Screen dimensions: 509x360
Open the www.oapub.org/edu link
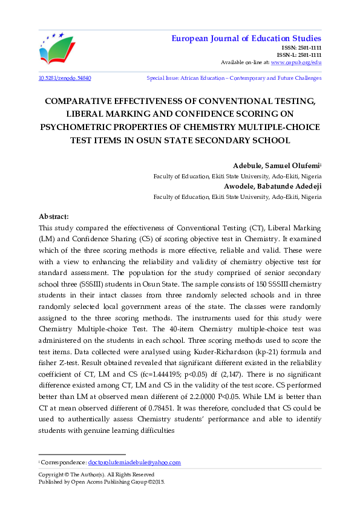(x=296, y=62)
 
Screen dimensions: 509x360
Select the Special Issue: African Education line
(x=234, y=78)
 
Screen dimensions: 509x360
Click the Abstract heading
(x=54, y=216)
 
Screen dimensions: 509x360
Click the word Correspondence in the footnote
(x=64, y=462)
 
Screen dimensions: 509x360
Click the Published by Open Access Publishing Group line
(x=102, y=482)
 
